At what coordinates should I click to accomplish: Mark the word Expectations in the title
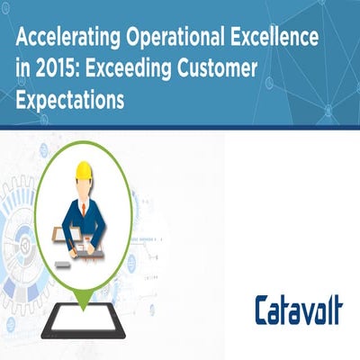coord(70,100)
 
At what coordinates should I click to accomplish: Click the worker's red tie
coord(84,209)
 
